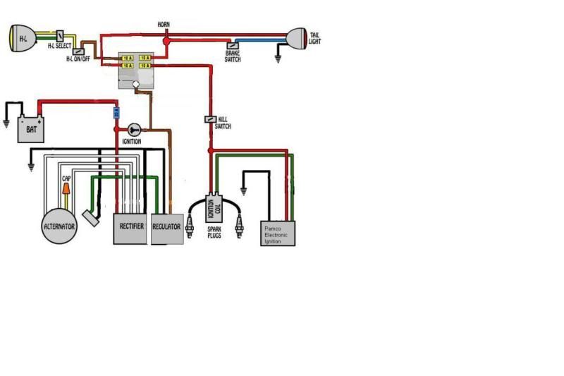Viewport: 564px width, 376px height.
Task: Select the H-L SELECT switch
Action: click(x=61, y=35)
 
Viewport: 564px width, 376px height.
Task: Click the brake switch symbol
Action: click(x=231, y=45)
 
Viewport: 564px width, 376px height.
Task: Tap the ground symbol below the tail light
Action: click(x=278, y=61)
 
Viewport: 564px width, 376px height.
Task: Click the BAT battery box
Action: click(x=32, y=128)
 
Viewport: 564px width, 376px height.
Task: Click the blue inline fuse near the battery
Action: click(x=116, y=113)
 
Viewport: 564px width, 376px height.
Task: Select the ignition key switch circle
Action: click(x=135, y=129)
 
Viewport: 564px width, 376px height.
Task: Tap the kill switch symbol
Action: click(x=210, y=120)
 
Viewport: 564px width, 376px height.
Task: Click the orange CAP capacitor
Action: click(x=66, y=190)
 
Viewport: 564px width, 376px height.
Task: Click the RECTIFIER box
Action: click(x=131, y=227)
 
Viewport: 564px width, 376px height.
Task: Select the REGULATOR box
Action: click(x=167, y=228)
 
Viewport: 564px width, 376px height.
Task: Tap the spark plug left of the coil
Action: click(x=189, y=226)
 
